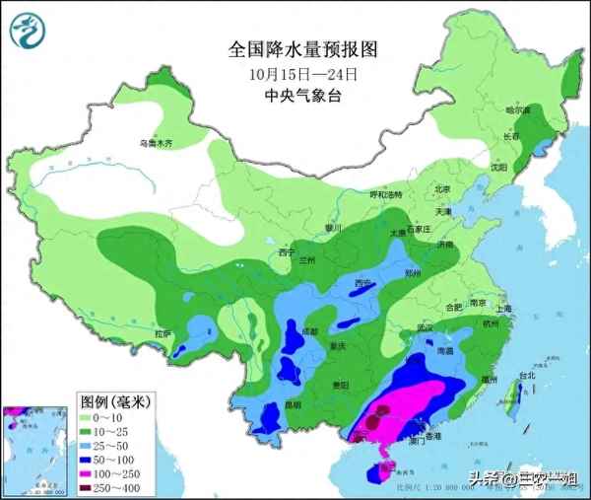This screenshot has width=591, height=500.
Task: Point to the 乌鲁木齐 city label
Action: [155, 143]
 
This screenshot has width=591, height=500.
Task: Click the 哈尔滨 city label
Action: [518, 110]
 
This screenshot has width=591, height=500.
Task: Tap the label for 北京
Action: [442, 189]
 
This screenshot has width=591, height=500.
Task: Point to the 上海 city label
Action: [505, 308]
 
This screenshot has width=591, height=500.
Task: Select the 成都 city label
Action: [310, 330]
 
